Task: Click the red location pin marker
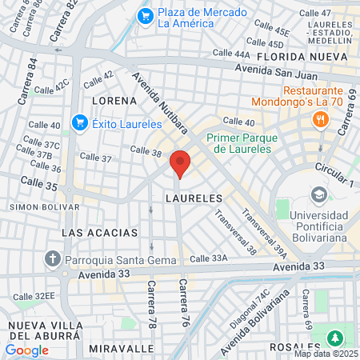[x=180, y=163]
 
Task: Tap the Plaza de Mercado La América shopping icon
[x=145, y=15]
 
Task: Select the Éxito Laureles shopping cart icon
[x=79, y=122]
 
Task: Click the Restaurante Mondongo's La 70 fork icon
[x=321, y=120]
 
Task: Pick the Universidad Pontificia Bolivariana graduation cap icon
[x=318, y=195]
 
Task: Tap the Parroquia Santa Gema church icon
[x=53, y=258]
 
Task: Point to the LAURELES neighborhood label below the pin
[x=193, y=197]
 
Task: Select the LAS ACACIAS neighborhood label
[x=100, y=232]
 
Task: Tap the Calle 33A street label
[x=210, y=258]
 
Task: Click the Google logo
[x=26, y=350]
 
